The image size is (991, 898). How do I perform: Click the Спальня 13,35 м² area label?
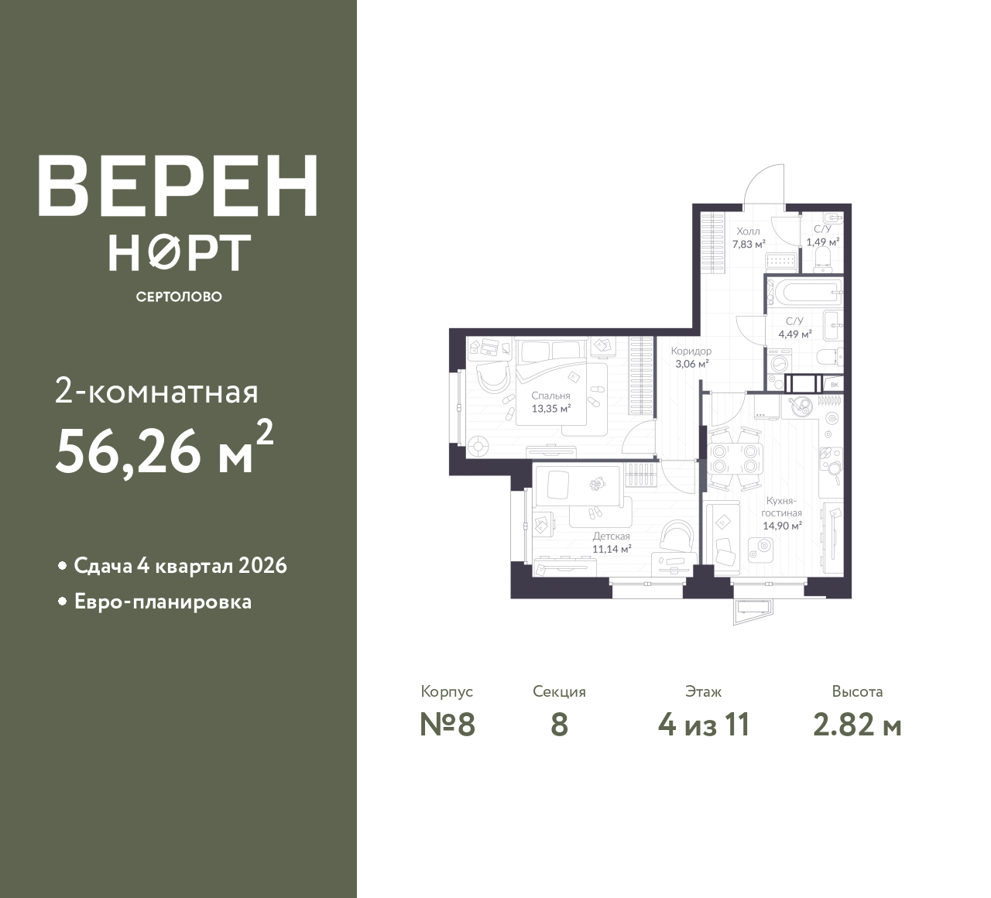[550, 402]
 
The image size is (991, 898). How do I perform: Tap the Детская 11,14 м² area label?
[612, 543]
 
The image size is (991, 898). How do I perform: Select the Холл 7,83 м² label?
[749, 238]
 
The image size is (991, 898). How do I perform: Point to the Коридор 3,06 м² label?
[691, 358]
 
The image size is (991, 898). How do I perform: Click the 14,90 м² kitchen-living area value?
[782, 526]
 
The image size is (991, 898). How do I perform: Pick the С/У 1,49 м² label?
[823, 235]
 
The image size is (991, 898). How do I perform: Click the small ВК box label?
[835, 385]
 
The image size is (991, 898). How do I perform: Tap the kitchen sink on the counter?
[799, 406]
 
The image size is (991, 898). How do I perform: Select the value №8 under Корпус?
[447, 724]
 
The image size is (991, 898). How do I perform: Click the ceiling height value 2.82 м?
[857, 725]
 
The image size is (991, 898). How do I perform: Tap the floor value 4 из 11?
[704, 725]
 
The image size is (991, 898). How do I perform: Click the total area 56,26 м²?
[164, 447]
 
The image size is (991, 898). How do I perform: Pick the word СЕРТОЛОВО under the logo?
[179, 296]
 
